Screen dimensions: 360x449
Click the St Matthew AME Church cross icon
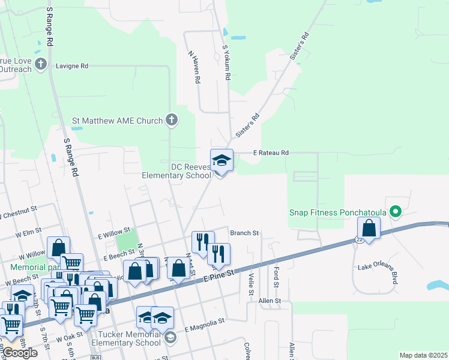pyautogui.click(x=171, y=120)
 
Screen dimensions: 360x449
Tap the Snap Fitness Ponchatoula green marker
pyautogui.click(x=395, y=212)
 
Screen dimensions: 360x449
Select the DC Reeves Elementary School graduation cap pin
pyautogui.click(x=221, y=160)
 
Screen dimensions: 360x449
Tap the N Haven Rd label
pyautogui.click(x=193, y=66)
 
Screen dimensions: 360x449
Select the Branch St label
pyautogui.click(x=244, y=233)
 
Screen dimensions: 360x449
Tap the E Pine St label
pyautogui.click(x=217, y=275)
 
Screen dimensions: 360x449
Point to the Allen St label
pyautogui.click(x=270, y=300)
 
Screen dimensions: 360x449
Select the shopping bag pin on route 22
pyautogui.click(x=369, y=229)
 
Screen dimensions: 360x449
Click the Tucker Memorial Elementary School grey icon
pyautogui.click(x=170, y=338)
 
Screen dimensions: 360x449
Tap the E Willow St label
pyautogui.click(x=114, y=232)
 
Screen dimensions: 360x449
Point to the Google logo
pyautogui.click(x=19, y=352)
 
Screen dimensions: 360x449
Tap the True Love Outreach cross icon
pyautogui.click(x=41, y=64)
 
